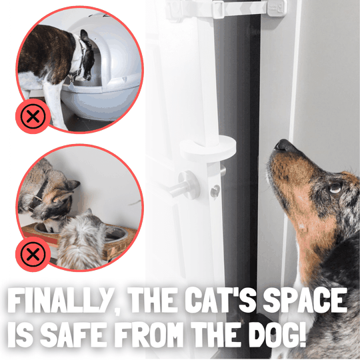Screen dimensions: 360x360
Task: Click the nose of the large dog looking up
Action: [x=283, y=145]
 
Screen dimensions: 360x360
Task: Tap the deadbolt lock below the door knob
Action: [x=215, y=191]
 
